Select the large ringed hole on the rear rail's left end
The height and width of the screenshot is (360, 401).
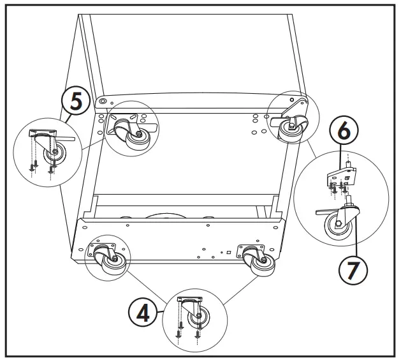104,102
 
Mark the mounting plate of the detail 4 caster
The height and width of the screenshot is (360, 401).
189,300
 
